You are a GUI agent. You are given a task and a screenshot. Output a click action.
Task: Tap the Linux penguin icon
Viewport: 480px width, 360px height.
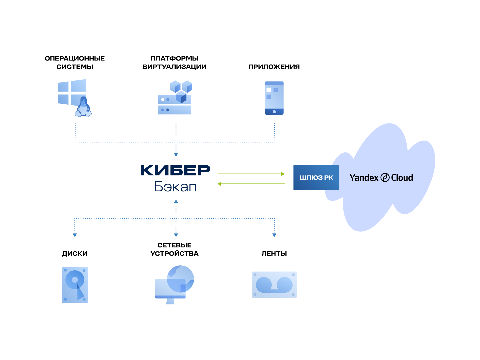[83, 108]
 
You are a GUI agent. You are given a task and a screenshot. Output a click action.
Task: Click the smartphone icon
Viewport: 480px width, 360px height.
[274, 98]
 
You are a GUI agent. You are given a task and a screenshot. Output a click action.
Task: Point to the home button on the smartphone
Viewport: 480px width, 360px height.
[274, 112]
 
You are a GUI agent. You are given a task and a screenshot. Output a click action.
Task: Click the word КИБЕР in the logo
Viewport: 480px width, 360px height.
[175, 170]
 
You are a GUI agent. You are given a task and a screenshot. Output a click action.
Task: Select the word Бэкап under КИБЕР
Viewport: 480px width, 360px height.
[175, 187]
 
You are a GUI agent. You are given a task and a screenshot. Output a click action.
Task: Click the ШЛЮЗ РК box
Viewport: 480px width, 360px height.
[316, 177]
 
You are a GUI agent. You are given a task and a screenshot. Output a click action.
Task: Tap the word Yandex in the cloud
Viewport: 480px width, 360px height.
[364, 178]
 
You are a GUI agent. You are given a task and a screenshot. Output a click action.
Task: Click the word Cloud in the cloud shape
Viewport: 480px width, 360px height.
[402, 178]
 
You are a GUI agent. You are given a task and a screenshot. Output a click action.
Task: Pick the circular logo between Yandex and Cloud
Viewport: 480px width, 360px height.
[385, 178]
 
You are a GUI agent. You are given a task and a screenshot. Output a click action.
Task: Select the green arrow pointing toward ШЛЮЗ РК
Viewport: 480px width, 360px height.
[251, 174]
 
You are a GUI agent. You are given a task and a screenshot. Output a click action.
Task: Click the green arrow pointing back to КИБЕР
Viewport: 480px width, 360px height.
[251, 184]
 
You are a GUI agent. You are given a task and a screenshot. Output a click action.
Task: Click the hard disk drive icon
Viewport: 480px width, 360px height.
[75, 285]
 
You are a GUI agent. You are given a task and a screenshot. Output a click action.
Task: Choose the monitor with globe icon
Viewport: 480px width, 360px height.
[174, 285]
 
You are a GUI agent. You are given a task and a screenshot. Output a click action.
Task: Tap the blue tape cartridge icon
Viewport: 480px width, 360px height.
[274, 285]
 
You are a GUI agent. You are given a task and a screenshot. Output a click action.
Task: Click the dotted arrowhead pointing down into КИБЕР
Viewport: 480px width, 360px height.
[176, 155]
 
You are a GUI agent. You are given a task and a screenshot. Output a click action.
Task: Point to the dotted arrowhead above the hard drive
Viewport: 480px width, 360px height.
[75, 235]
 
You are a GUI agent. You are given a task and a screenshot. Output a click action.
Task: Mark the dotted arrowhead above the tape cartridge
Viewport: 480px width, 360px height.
[274, 235]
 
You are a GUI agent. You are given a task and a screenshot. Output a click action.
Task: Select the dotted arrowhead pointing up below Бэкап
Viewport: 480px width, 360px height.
[176, 201]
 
